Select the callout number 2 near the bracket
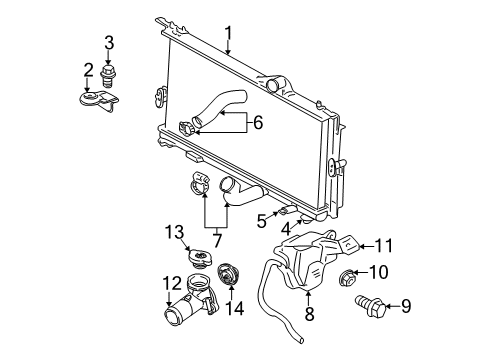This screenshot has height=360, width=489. [88, 70]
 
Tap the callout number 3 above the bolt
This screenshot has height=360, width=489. [109, 41]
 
